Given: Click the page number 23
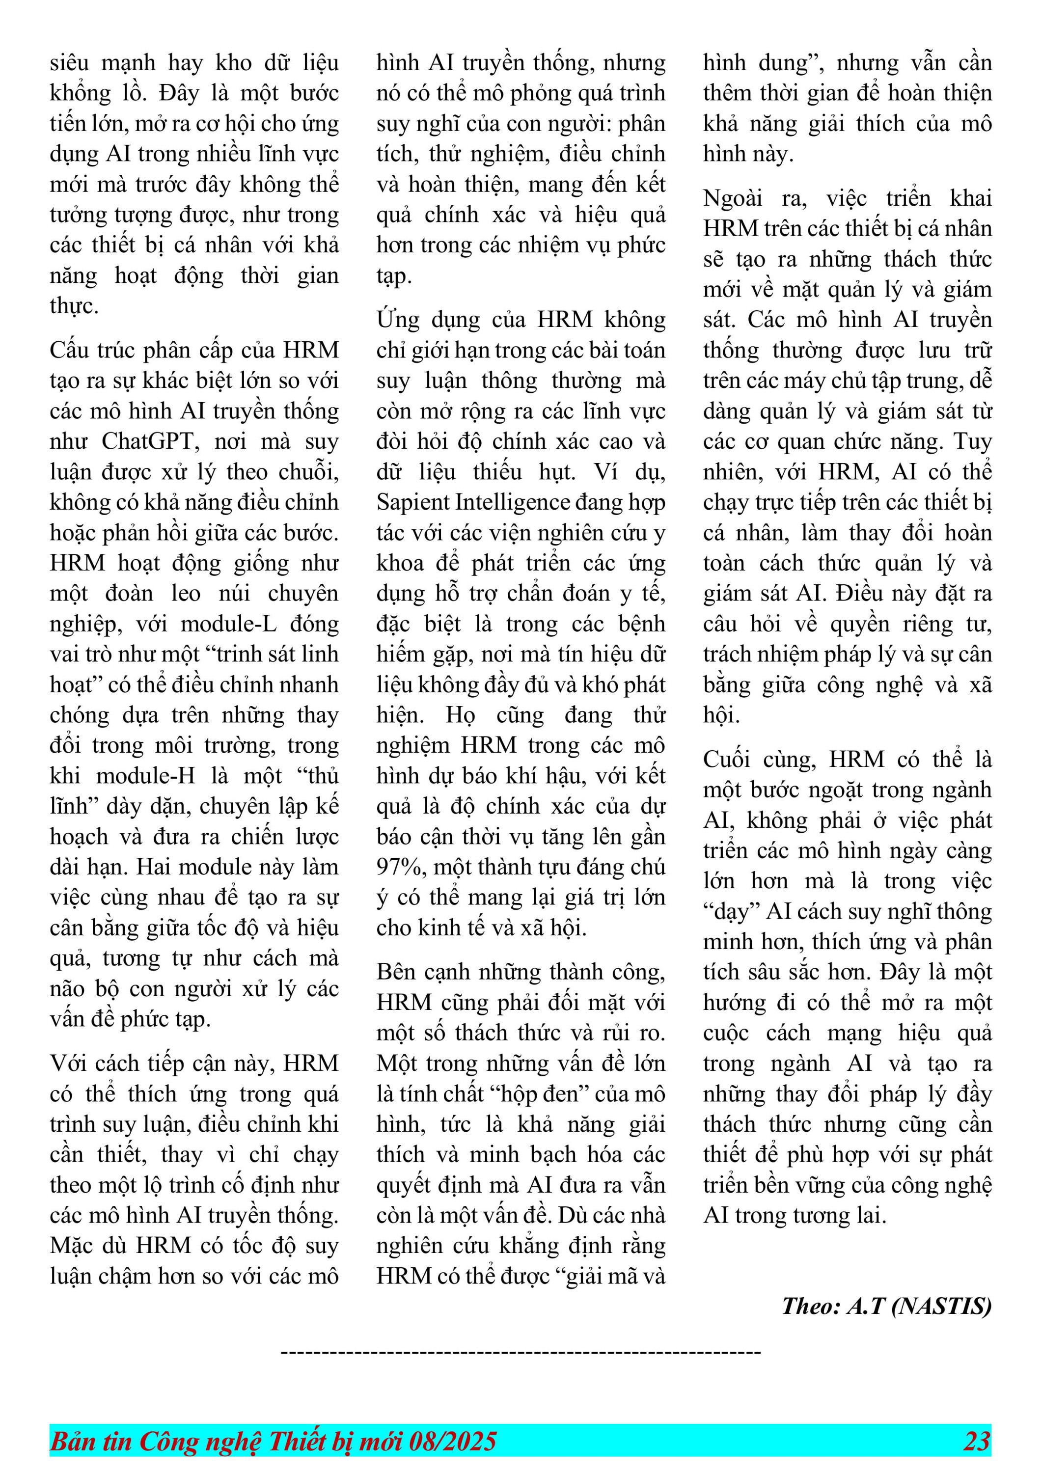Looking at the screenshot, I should [977, 1441].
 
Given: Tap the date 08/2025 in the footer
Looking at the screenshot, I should [452, 1441].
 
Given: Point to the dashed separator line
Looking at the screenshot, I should [521, 1352].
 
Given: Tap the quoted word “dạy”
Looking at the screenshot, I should [728, 912].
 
